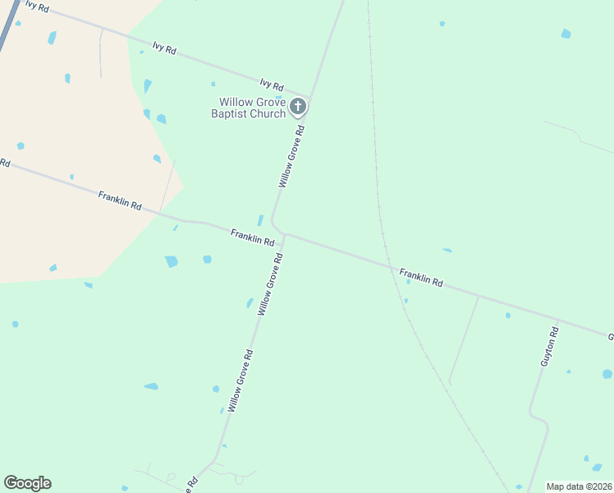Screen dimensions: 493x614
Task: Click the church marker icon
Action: coord(298,106)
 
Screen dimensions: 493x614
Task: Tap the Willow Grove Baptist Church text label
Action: coord(248,108)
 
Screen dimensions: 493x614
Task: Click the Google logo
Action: coord(27,483)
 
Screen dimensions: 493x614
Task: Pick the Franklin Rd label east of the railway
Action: coord(421,277)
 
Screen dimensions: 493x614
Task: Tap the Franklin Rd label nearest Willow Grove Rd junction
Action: coord(252,237)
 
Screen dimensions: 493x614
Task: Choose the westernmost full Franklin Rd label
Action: coord(120,200)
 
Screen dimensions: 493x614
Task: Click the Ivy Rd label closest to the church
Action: coord(272,85)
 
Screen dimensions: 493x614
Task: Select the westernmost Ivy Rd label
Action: coord(37,6)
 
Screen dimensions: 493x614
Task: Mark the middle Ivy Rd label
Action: coord(164,48)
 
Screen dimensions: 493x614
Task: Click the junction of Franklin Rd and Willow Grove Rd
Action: coord(283,235)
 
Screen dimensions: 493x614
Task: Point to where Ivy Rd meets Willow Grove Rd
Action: coord(309,97)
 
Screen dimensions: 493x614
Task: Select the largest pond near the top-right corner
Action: coord(566,34)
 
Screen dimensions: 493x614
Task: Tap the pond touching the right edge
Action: coord(607,374)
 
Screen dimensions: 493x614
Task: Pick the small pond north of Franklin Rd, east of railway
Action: coord(447,250)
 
